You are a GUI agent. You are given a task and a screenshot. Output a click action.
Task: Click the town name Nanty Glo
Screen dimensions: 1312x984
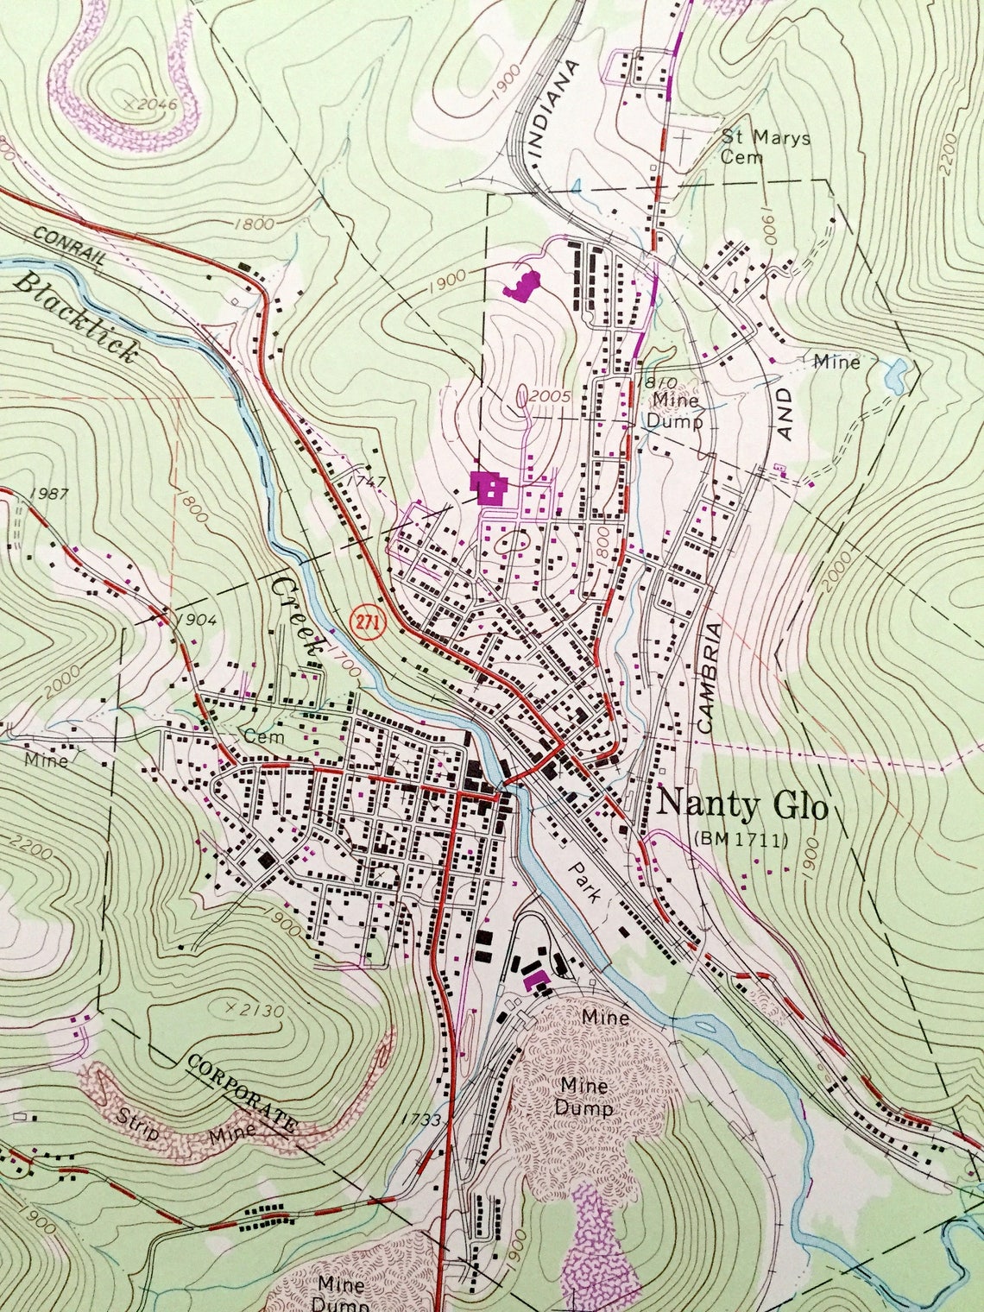coord(742,806)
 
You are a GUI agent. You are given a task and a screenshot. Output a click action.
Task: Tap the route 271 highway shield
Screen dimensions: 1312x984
coord(368,624)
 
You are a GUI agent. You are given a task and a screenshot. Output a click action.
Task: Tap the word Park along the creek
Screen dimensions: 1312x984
coord(588,881)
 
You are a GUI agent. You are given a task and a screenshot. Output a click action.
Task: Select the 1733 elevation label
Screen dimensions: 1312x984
coord(421,1120)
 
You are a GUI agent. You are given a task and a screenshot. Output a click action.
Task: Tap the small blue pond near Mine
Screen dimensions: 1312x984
coord(895,372)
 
